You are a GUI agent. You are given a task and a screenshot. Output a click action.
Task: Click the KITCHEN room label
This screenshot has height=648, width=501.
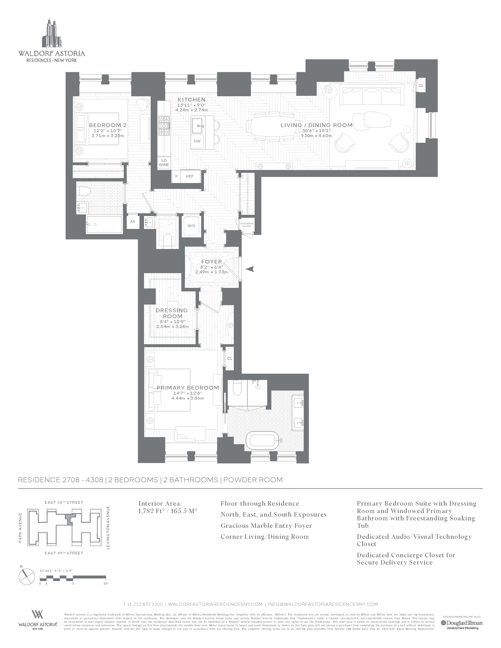coord(191,100)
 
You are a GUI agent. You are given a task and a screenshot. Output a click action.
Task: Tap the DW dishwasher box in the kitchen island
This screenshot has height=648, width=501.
coord(197,141)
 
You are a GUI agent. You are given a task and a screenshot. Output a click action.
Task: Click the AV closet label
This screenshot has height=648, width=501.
coord(133,221)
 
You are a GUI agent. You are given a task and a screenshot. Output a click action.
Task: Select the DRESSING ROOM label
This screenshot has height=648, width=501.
coord(172,313)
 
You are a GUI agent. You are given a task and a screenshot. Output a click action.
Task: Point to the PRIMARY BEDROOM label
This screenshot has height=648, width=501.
coord(188,387)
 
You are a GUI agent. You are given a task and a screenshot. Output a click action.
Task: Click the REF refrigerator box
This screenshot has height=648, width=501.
coord(190,176)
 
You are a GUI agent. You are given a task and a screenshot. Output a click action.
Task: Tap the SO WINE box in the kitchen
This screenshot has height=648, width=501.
coord(164,163)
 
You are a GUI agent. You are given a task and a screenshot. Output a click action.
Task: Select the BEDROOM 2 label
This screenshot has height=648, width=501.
coord(108,125)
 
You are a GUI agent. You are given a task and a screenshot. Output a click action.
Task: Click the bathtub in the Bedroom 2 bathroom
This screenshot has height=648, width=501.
coord(104,225)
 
